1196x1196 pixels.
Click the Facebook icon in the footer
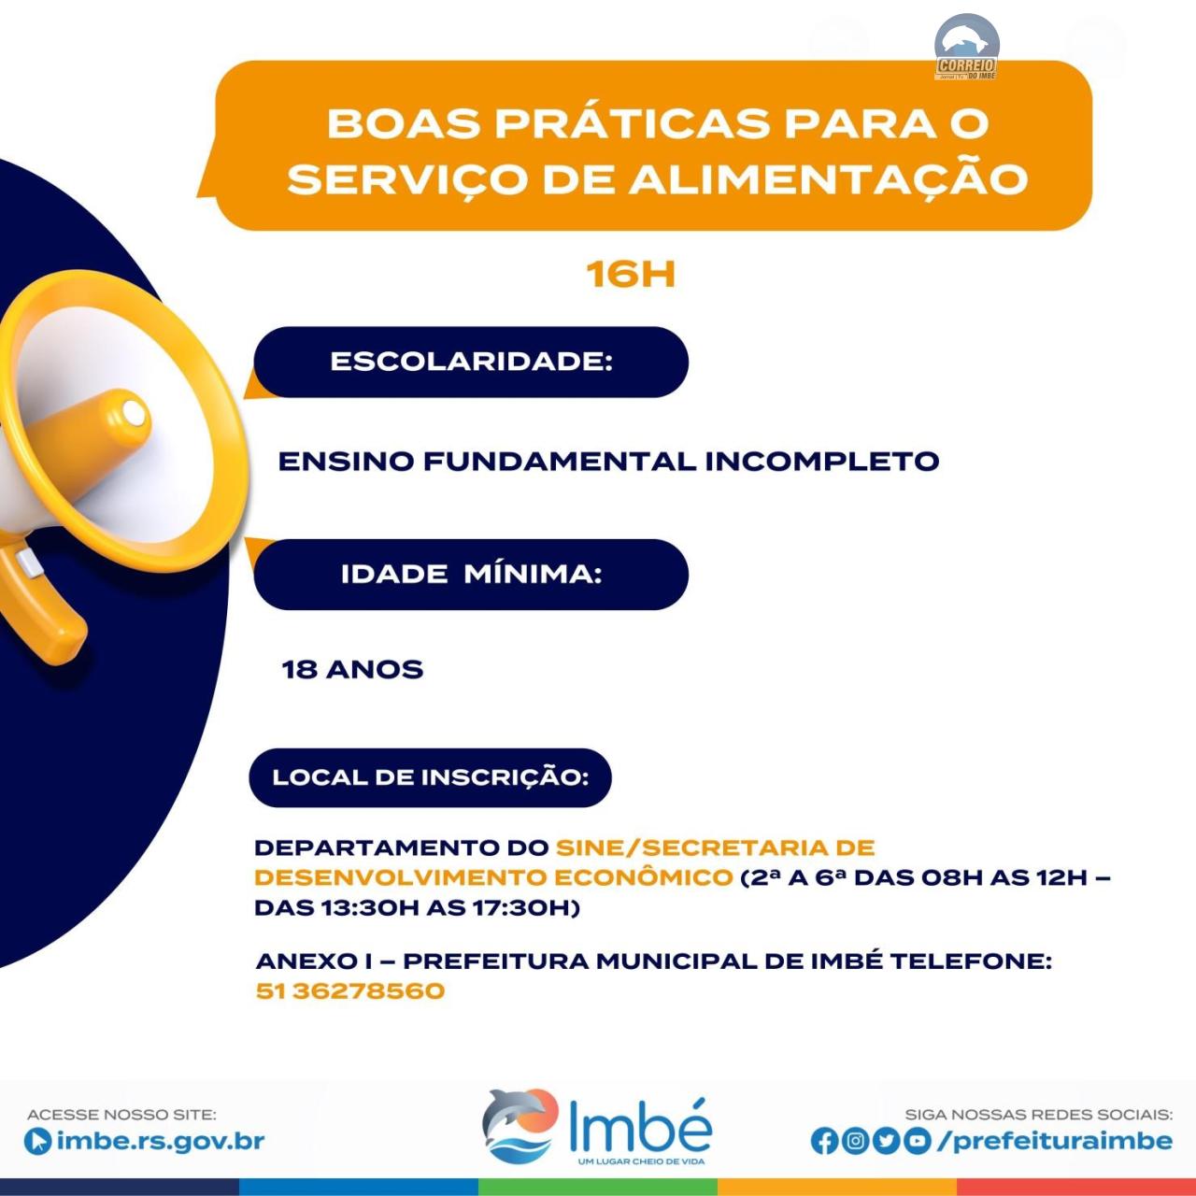pos(823,1142)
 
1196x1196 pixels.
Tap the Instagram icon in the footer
pos(855,1141)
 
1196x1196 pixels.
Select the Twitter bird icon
pos(887,1141)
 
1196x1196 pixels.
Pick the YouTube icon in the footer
pos(918,1141)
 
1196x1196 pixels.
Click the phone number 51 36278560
pos(350,990)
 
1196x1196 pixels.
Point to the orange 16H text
pos(631,275)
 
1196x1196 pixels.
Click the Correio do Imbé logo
pos(966,47)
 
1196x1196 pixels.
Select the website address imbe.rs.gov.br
pos(161,1141)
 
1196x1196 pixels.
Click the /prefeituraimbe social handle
pos(1055,1141)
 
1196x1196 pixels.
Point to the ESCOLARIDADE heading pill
pos(471,362)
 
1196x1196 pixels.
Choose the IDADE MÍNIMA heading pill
pos(471,574)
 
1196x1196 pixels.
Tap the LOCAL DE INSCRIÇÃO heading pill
pos(430,777)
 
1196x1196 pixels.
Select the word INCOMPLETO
pos(821,462)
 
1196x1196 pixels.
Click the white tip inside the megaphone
pos(133,412)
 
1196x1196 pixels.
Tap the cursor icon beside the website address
pos(38,1142)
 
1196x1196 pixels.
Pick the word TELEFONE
pos(972,961)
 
